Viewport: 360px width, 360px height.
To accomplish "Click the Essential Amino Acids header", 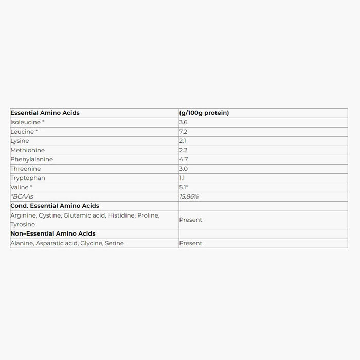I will [x=45, y=113].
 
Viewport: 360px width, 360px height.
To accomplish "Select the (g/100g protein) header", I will [x=204, y=113].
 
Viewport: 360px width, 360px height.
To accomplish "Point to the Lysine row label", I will [x=20, y=141].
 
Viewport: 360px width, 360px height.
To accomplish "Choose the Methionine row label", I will [x=27, y=150].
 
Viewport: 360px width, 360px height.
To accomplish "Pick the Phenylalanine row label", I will [x=31, y=159].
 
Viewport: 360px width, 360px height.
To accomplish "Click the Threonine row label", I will [x=25, y=169].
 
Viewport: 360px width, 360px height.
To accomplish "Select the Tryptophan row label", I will [x=28, y=178].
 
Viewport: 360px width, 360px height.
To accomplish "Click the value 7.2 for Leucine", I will [x=183, y=132].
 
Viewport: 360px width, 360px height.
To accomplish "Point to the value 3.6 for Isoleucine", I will [x=183, y=122].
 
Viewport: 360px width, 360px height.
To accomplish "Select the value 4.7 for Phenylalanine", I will [x=183, y=159].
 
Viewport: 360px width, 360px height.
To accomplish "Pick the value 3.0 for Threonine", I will [x=184, y=169].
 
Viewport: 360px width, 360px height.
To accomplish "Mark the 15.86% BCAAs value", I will [x=189, y=196].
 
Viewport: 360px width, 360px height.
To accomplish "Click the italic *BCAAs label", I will [x=22, y=196].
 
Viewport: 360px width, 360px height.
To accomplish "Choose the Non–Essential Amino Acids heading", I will [x=52, y=233].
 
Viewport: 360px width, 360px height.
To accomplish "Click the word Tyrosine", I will [x=23, y=224].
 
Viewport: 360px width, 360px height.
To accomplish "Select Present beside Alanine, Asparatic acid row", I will [x=190, y=243].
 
